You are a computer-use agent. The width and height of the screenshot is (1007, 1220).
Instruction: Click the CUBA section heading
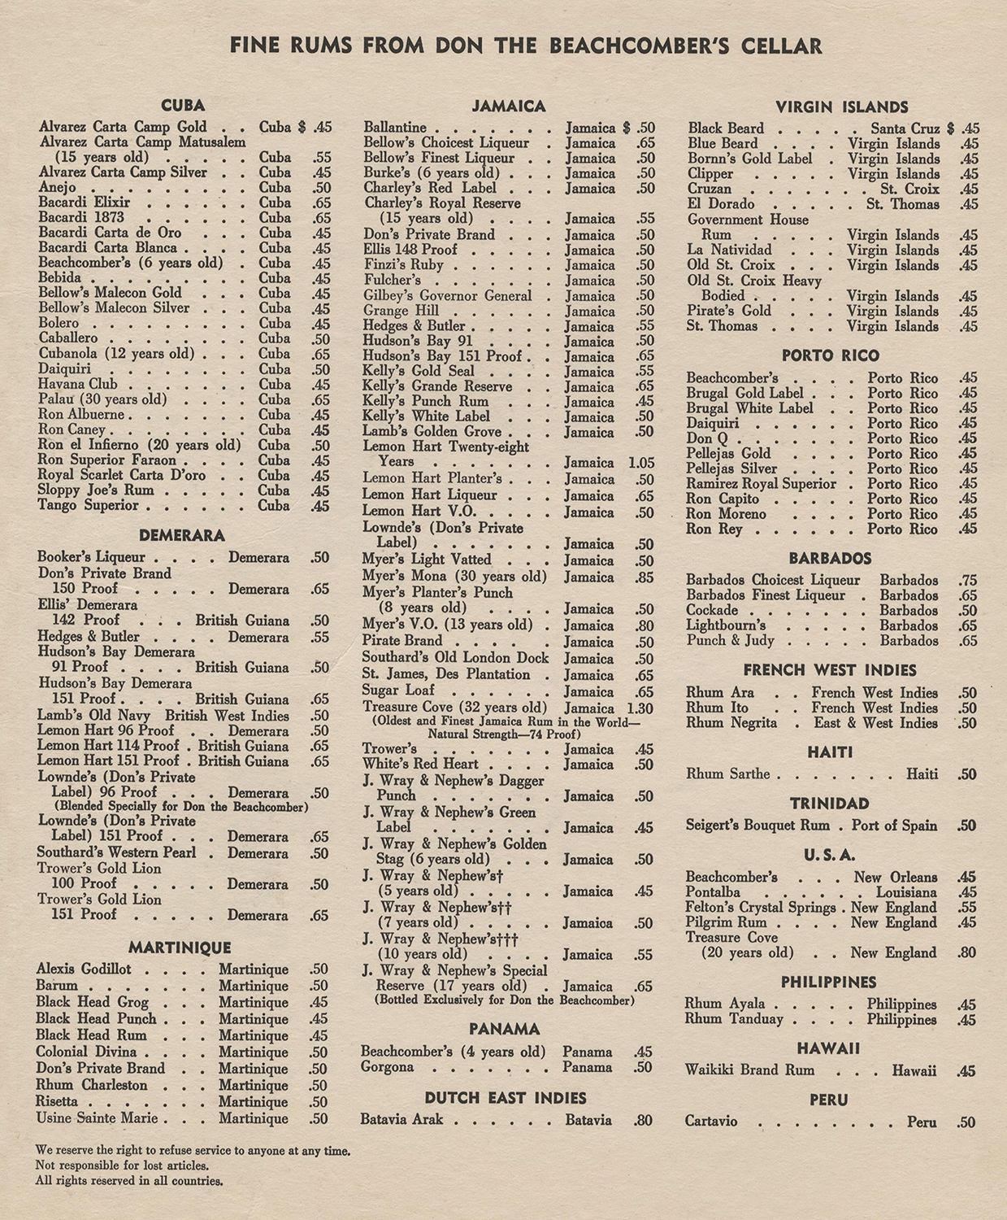point(183,105)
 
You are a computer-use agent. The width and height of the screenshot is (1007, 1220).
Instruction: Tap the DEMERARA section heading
point(182,535)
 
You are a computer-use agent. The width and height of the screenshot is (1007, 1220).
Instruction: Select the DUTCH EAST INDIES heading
point(505,1098)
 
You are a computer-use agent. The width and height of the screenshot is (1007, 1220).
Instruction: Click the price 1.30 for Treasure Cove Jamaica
point(640,708)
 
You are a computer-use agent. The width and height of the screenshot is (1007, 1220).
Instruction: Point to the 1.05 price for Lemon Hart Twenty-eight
point(640,463)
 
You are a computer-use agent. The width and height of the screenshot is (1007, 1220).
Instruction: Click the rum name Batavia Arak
point(401,1120)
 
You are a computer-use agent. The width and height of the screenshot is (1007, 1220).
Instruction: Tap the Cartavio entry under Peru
point(711,1122)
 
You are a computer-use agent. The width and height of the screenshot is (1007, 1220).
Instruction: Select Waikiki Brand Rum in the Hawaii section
point(749,1070)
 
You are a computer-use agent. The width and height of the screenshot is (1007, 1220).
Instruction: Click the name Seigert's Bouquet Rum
point(757,826)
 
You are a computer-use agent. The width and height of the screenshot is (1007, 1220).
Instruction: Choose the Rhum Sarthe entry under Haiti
point(727,774)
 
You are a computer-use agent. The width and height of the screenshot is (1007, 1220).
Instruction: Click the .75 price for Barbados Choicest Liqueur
point(967,581)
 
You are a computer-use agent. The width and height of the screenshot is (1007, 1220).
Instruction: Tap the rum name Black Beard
point(726,129)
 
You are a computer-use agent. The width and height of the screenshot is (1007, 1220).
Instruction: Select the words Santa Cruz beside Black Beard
point(905,129)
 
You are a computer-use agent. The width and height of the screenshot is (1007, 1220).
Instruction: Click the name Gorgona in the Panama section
point(387,1067)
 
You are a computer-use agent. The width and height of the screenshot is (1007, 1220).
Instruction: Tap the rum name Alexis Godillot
point(83,969)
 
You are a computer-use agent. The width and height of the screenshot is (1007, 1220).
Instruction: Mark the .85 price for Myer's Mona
point(642,577)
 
